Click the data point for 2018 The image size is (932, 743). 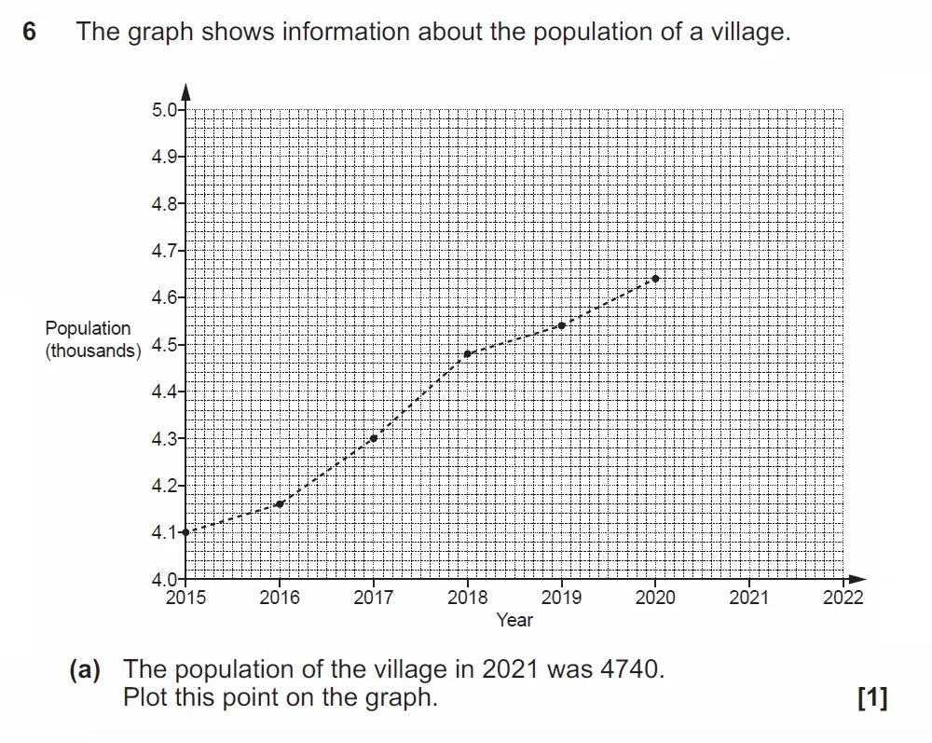[x=468, y=353]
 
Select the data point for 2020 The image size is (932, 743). [x=656, y=279]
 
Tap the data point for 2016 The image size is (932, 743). [x=280, y=503]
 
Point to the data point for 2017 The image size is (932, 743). [x=374, y=438]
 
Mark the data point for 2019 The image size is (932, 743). [x=561, y=325]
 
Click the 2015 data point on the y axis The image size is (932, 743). [x=186, y=531]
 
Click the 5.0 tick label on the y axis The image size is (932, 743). [x=162, y=110]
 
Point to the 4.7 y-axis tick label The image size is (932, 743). [x=162, y=251]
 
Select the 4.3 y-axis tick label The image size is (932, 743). [x=162, y=438]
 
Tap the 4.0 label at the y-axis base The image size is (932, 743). [x=162, y=579]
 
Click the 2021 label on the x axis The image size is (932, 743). [x=749, y=598]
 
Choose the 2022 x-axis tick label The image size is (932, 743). [x=843, y=598]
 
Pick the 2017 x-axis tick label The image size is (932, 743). [x=374, y=598]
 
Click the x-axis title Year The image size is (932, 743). [x=514, y=620]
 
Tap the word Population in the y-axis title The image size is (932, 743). [x=89, y=328]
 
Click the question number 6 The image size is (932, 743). [x=30, y=33]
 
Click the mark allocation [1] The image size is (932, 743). [x=872, y=697]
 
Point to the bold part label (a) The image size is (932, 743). [x=86, y=669]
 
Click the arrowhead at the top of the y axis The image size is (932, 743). [x=186, y=90]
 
